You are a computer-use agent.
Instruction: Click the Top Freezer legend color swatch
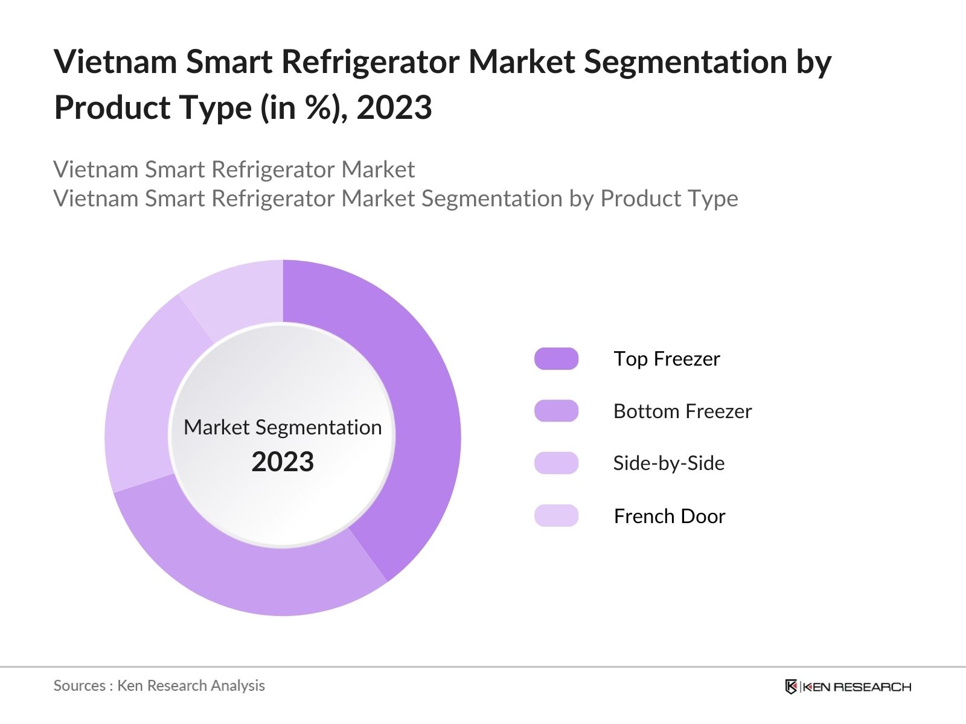pos(556,359)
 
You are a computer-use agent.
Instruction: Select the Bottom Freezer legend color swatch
pos(556,411)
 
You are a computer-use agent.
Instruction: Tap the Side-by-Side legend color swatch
pos(556,463)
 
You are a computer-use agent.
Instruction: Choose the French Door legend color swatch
pos(556,516)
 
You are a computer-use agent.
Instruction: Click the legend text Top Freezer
pos(667,359)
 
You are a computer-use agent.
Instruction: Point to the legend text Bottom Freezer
pos(682,411)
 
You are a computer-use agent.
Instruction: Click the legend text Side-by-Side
pos(668,463)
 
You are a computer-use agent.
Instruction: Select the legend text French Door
pos(669,516)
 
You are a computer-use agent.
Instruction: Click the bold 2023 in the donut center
pos(283,462)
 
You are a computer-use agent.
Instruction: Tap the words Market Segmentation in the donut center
pos(283,427)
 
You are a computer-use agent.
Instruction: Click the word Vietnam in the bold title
pos(115,62)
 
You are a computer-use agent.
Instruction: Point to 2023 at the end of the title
pos(394,108)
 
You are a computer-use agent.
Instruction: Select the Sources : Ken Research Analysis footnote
pos(159,686)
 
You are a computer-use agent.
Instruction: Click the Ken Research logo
pos(848,687)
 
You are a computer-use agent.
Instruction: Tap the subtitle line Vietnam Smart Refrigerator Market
pos(234,170)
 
